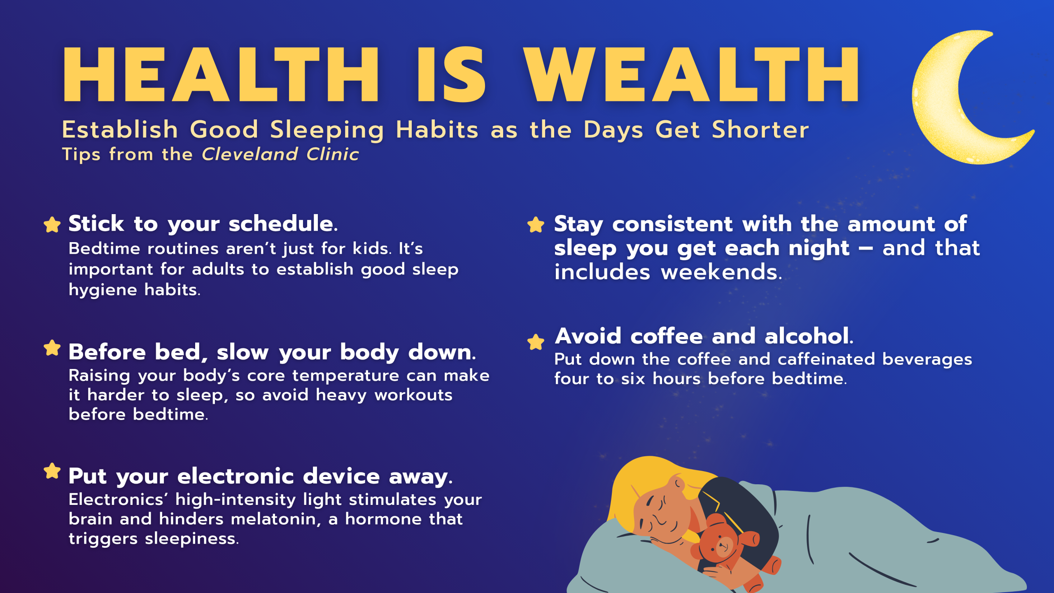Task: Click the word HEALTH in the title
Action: click(x=221, y=74)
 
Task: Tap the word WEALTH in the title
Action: click(x=691, y=74)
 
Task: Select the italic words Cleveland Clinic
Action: click(x=280, y=154)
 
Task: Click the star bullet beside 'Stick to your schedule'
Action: click(x=52, y=224)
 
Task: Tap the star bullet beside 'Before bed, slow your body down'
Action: click(x=52, y=348)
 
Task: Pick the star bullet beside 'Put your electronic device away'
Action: click(x=52, y=471)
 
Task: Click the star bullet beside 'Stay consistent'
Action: click(x=536, y=224)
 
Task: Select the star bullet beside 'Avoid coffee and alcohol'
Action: click(x=536, y=342)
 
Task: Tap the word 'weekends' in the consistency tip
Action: click(x=721, y=272)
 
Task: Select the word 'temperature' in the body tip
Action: click(x=346, y=376)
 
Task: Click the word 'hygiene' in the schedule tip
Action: click(x=103, y=290)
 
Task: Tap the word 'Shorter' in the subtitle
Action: click(x=760, y=130)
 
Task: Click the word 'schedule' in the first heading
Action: click(x=283, y=223)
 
